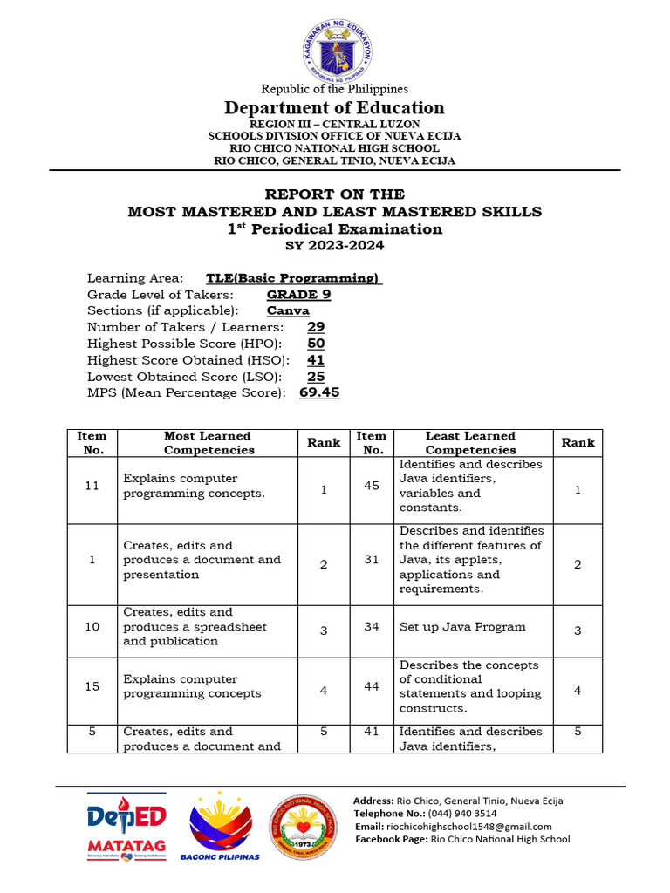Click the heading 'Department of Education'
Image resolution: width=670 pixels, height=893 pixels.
[x=334, y=107]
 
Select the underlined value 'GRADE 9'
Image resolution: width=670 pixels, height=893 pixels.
[x=298, y=295]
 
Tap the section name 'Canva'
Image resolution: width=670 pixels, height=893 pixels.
[x=288, y=311]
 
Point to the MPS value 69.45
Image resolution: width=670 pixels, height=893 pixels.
[x=319, y=393]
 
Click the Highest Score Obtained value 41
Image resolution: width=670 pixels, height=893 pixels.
[x=316, y=360]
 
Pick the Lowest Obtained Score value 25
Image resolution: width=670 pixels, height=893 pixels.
[x=316, y=377]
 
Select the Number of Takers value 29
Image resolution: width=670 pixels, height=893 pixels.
[x=316, y=327]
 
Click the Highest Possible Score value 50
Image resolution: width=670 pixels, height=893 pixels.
[x=316, y=344]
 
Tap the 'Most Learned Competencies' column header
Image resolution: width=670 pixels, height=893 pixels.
[x=208, y=443]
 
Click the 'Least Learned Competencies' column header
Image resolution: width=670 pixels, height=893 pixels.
[x=470, y=443]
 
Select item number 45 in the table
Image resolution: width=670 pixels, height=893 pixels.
[x=372, y=486]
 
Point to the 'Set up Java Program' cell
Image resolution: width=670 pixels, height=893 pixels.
[x=462, y=627]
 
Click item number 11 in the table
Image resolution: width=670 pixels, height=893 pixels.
[x=92, y=486]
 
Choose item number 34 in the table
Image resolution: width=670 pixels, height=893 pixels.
[x=372, y=627]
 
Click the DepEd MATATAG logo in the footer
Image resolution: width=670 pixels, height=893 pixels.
[x=126, y=827]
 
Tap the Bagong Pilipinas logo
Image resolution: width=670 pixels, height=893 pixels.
[x=220, y=827]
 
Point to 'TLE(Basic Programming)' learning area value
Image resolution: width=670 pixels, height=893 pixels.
[x=293, y=278]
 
